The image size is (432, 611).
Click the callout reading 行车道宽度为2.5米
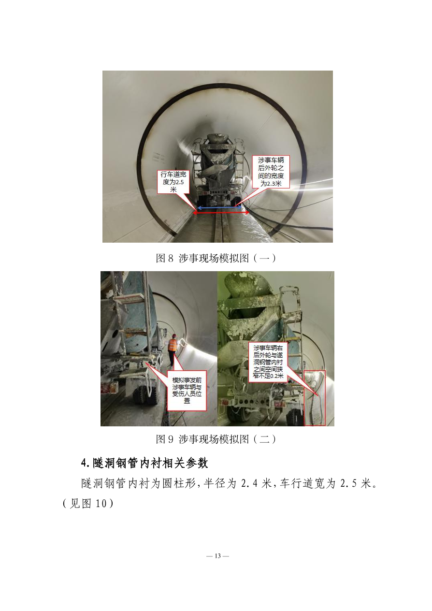pyautogui.click(x=173, y=182)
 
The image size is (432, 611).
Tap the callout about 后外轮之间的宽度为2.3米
pyautogui.click(x=271, y=172)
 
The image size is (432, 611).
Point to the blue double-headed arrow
pyautogui.click(x=219, y=208)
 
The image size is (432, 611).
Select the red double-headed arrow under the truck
pyautogui.click(x=221, y=213)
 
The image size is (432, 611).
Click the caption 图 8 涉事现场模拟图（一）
pyautogui.click(x=216, y=258)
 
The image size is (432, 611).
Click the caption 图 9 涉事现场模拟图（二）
pyautogui.click(x=216, y=439)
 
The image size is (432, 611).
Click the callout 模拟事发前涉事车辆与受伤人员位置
pyautogui.click(x=187, y=391)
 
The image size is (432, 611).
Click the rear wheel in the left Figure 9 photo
pyautogui.click(x=144, y=395)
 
